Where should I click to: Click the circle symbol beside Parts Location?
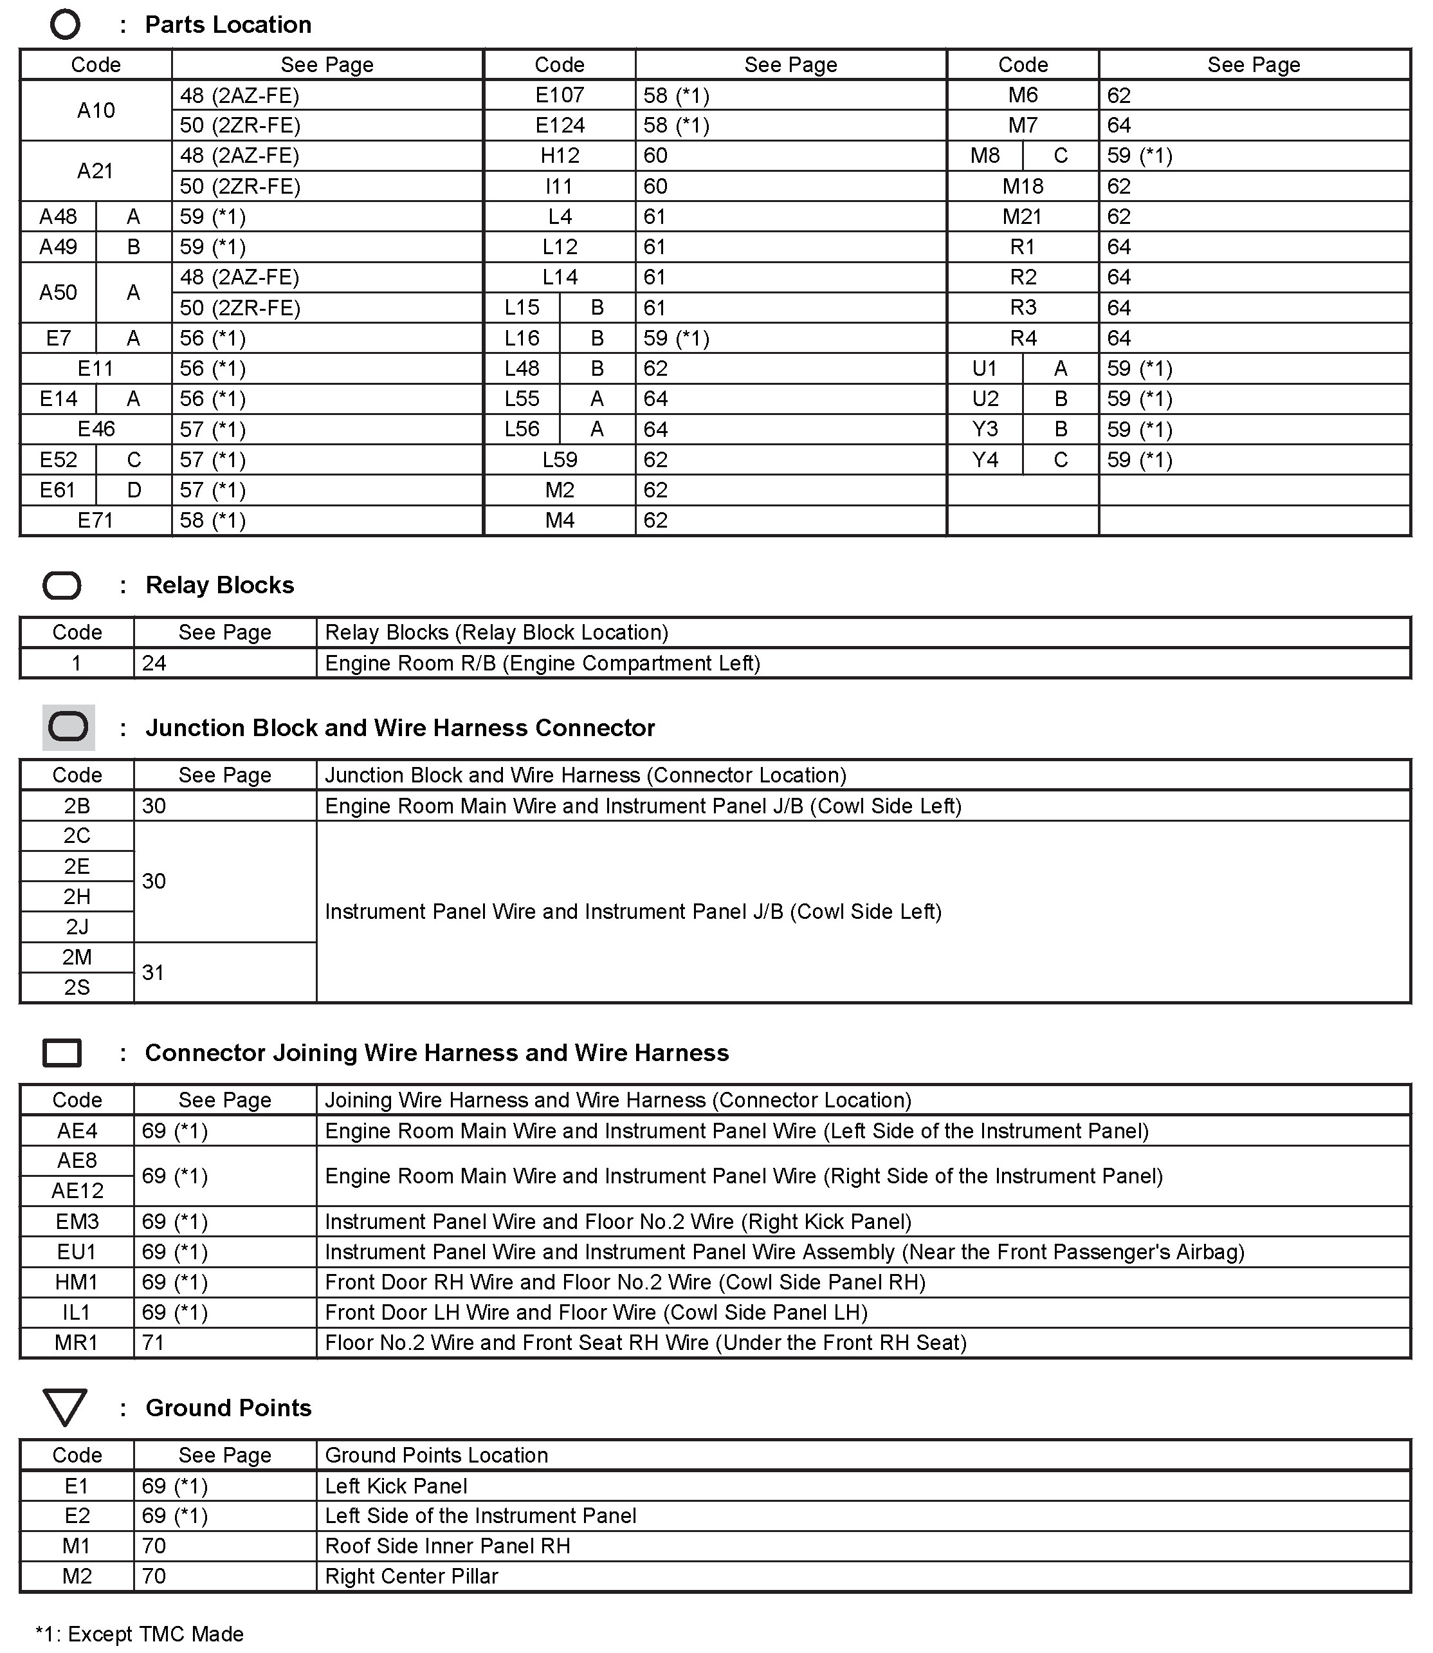pyautogui.click(x=65, y=25)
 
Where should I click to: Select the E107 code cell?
pyautogui.click(x=559, y=95)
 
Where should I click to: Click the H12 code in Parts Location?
pyautogui.click(x=559, y=155)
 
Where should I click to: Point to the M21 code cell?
pyautogui.click(x=1022, y=216)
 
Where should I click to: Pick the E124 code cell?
pyautogui.click(x=559, y=125)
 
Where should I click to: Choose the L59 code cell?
pyautogui.click(x=559, y=459)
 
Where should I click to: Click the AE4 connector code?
pyautogui.click(x=77, y=1131)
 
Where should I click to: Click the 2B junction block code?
pyautogui.click(x=77, y=806)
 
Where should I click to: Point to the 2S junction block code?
pyautogui.click(x=77, y=987)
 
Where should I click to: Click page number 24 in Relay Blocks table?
pyautogui.click(x=154, y=663)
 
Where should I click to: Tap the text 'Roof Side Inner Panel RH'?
pyautogui.click(x=447, y=1545)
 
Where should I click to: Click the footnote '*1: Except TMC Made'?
pyautogui.click(x=140, y=1633)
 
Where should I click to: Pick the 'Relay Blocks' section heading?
pyautogui.click(x=219, y=585)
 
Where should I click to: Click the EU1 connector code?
pyautogui.click(x=77, y=1251)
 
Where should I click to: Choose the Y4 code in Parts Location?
pyautogui.click(x=985, y=459)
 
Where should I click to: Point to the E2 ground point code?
pyautogui.click(x=77, y=1515)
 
